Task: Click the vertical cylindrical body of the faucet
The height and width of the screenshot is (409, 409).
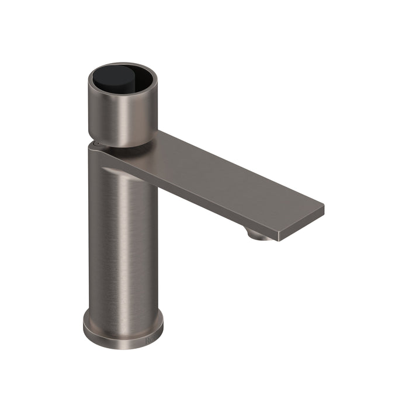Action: coord(123,245)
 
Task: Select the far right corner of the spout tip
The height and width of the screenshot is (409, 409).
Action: coord(323,206)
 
